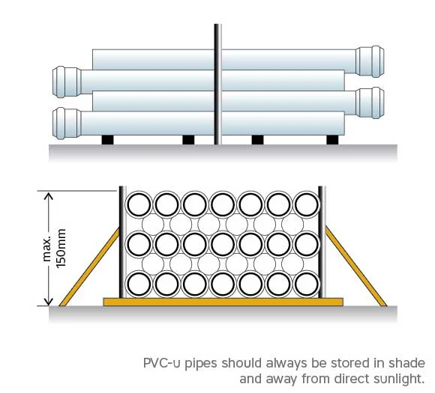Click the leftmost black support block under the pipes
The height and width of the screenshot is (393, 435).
point(108,140)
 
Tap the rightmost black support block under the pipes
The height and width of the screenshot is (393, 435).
point(332,140)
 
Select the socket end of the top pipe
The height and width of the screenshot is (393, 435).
point(370,61)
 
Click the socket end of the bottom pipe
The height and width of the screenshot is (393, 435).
point(67,124)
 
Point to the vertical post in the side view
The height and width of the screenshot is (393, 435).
point(217,84)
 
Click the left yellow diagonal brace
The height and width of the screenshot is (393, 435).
point(90,266)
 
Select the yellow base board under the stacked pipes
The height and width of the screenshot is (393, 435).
point(223,302)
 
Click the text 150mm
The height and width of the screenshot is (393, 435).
point(61,249)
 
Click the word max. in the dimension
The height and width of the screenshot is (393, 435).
point(46,249)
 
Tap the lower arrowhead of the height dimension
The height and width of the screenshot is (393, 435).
point(49,302)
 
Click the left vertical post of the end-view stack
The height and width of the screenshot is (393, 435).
point(122,242)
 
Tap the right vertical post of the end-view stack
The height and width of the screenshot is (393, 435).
point(322,242)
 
